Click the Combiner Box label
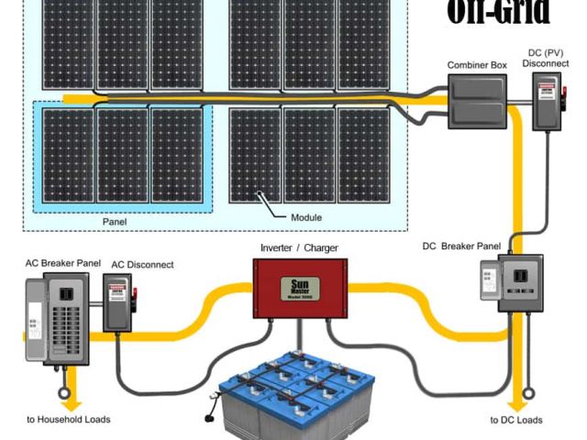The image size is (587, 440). [476, 66]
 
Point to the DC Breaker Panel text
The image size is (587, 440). [460, 246]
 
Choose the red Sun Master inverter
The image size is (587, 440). [300, 287]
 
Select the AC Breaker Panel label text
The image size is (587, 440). [63, 263]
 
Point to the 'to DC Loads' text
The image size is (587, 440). [517, 420]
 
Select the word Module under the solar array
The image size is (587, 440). [306, 217]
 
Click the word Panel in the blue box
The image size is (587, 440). [115, 222]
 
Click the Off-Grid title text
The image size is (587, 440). [500, 12]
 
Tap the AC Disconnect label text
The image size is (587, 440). [142, 265]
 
